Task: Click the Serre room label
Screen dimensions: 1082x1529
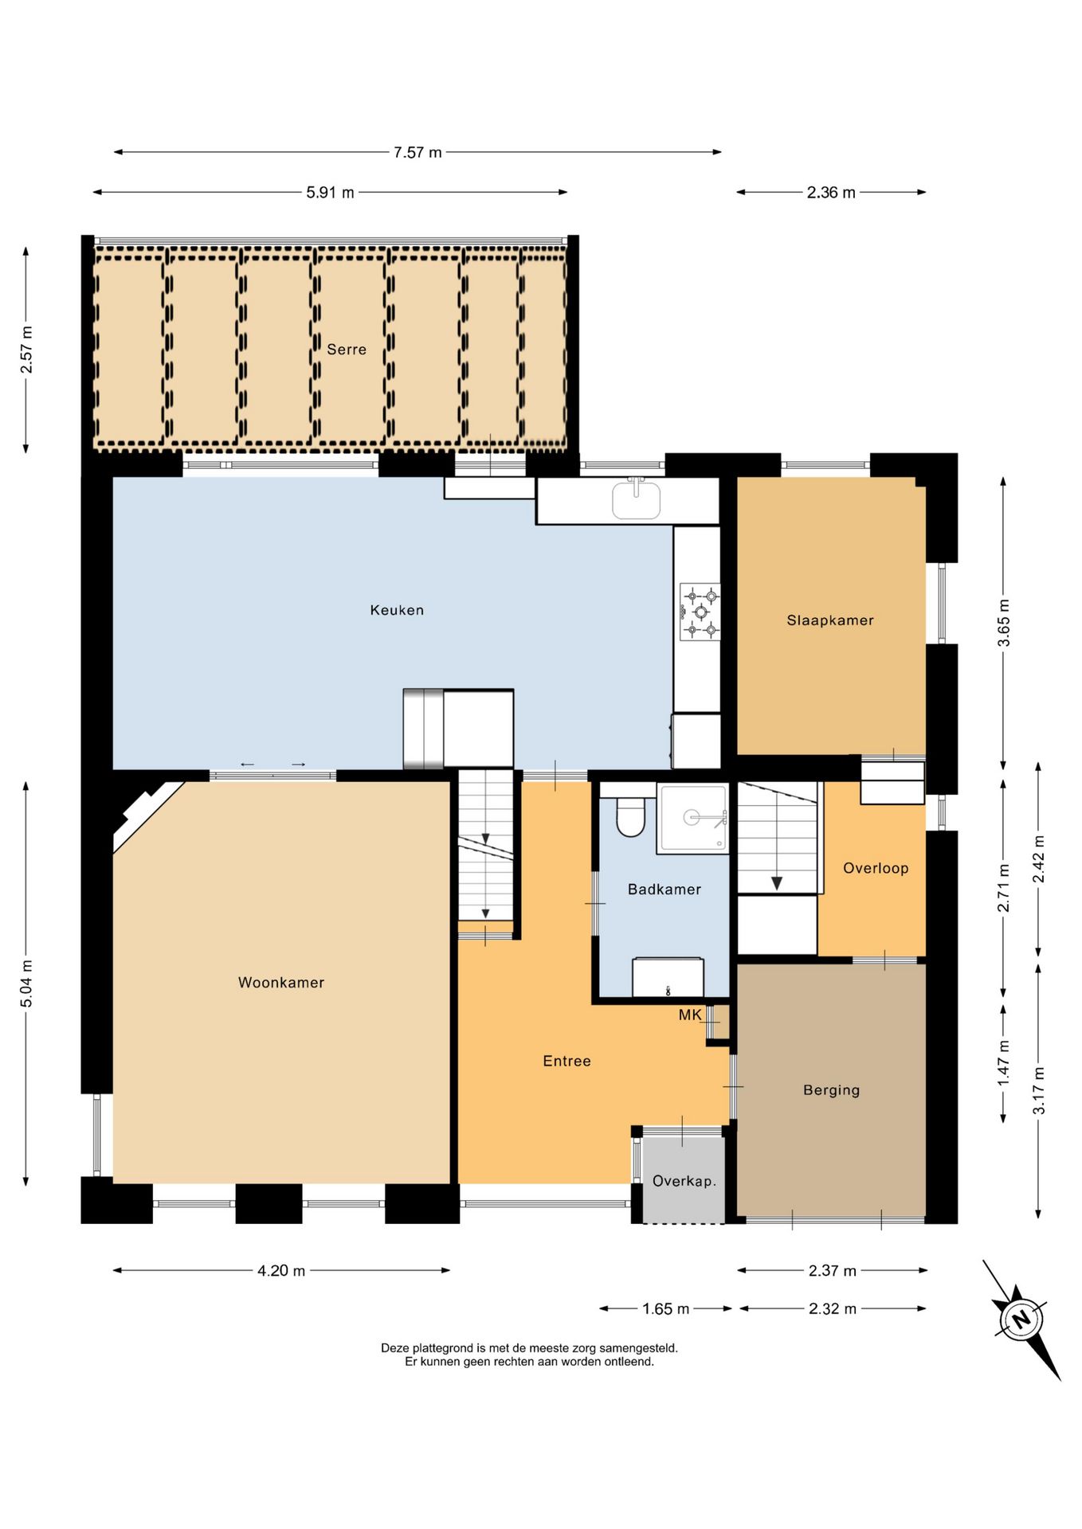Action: click(x=347, y=350)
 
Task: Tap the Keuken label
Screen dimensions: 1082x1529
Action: click(x=397, y=610)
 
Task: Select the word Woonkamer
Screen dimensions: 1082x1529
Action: click(x=281, y=983)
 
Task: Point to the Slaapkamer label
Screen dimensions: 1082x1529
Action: click(x=830, y=620)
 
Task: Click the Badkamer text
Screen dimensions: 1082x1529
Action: click(x=664, y=890)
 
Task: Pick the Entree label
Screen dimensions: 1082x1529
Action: click(x=566, y=1061)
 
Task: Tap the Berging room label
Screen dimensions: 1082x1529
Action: click(x=831, y=1090)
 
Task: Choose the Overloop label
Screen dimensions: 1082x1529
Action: click(x=876, y=868)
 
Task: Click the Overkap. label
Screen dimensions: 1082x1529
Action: click(x=684, y=1181)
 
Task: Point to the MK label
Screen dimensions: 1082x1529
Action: click(x=690, y=1015)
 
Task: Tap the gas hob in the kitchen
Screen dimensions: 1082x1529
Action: click(x=700, y=612)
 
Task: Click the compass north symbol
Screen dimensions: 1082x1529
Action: click(x=1021, y=1320)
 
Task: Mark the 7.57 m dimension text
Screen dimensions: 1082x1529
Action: click(x=418, y=152)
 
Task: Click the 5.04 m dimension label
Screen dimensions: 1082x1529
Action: click(x=26, y=983)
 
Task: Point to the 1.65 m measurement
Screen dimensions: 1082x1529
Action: click(x=665, y=1308)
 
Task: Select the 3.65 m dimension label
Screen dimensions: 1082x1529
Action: click(x=1004, y=623)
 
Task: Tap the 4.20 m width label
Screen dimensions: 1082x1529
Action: click(x=281, y=1270)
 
